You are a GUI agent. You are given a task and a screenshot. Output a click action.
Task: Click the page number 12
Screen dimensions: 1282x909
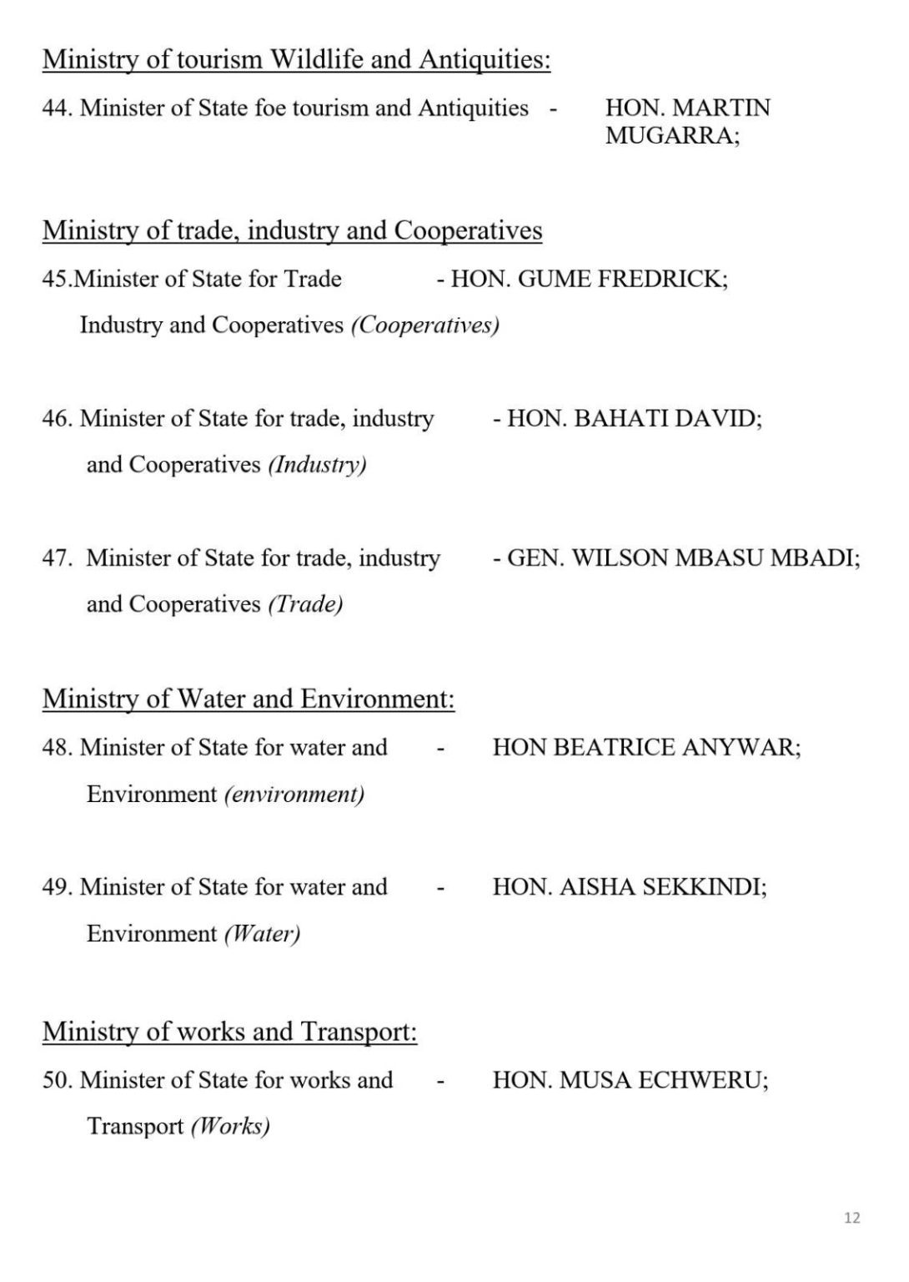click(851, 1218)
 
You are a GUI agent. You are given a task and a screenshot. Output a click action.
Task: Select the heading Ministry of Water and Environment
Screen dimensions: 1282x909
click(249, 699)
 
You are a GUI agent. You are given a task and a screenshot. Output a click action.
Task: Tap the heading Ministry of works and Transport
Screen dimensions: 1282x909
click(229, 1032)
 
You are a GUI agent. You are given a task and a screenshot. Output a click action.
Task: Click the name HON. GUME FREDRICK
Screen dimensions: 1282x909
click(589, 278)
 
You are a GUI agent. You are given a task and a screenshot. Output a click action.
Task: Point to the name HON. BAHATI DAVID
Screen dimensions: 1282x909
click(634, 417)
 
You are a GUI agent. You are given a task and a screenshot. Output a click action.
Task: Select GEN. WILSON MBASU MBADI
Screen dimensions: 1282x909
click(683, 557)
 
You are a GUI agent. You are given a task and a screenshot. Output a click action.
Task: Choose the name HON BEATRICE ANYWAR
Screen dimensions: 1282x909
click(646, 746)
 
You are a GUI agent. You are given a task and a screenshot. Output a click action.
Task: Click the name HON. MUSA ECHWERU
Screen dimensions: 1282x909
click(630, 1079)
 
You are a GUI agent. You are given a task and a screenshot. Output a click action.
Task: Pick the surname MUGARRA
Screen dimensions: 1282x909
click(672, 135)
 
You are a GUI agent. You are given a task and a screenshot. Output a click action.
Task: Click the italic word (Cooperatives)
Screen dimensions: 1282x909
click(425, 325)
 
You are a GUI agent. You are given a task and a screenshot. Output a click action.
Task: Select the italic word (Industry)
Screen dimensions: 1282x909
click(317, 464)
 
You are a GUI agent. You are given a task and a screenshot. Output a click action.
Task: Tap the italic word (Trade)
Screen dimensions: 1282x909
click(305, 603)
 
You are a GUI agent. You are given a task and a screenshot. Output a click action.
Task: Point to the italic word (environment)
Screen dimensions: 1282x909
click(294, 793)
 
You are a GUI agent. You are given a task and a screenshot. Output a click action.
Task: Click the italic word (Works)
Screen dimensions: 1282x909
click(230, 1126)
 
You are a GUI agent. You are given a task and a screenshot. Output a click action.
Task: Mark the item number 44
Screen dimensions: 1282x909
click(57, 108)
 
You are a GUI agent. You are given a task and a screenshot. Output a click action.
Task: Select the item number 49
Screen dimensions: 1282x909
click(57, 886)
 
